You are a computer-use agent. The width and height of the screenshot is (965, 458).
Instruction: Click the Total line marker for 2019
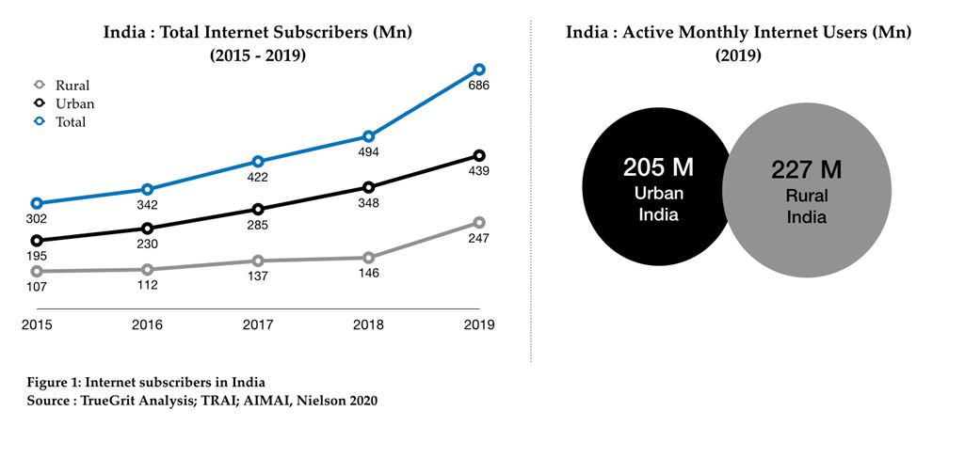(479, 70)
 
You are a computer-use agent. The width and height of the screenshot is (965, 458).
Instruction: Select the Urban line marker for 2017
(258, 209)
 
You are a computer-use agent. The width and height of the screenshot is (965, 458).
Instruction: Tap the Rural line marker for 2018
(369, 258)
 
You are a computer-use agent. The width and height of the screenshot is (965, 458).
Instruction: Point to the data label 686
(479, 87)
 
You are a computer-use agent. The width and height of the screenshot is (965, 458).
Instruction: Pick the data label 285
(258, 226)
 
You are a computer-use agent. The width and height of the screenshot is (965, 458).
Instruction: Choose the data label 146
(369, 275)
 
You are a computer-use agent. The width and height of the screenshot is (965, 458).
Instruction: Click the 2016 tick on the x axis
(147, 325)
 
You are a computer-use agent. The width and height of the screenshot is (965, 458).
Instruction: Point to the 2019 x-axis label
(479, 325)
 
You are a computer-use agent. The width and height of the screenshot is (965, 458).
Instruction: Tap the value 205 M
(658, 168)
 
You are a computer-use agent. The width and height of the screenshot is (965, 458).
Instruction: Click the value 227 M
(807, 170)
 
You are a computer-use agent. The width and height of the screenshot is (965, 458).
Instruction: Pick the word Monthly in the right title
(718, 33)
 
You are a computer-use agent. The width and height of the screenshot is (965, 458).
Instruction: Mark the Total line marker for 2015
(37, 203)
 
